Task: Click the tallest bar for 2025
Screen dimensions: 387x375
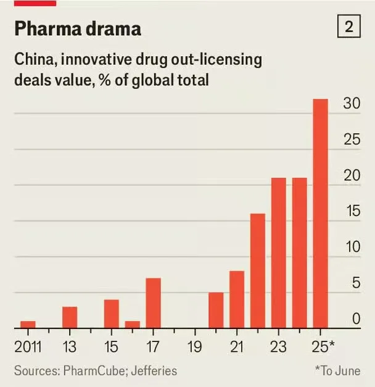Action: coord(321,214)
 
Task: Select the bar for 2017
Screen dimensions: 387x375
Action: coord(154,303)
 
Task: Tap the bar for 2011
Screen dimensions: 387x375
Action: coord(28,324)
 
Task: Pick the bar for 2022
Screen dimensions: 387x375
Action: coord(258,270)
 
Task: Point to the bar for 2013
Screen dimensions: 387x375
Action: coord(70,317)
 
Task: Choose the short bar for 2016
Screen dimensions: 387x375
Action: coord(133,324)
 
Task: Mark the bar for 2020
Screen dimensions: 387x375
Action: coord(216,310)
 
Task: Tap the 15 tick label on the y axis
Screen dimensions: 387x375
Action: coord(352,211)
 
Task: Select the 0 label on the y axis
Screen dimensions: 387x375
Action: coord(356,318)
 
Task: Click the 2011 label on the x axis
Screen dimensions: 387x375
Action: coord(28,346)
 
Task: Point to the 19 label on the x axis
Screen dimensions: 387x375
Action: coord(196,346)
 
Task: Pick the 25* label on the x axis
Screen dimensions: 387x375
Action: coord(323,346)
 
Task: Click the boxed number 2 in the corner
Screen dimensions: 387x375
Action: coord(348,28)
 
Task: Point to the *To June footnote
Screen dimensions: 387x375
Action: coord(337,371)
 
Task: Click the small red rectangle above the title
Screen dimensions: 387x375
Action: coord(35,3)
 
